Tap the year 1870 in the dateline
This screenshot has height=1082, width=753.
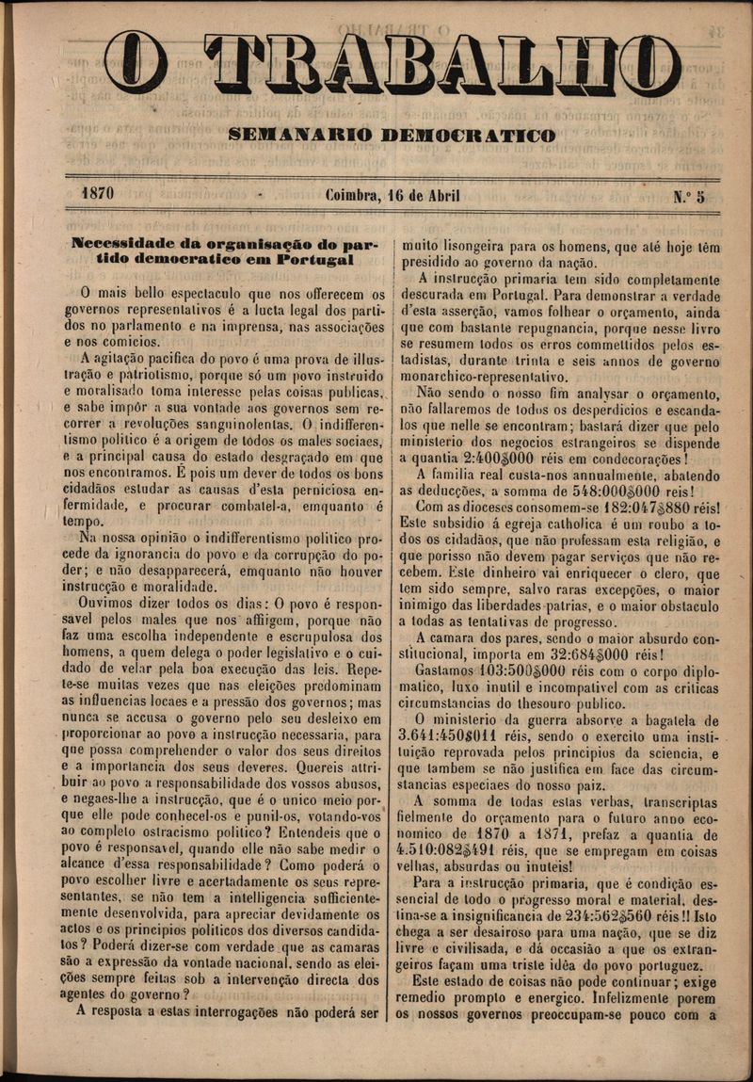pyautogui.click(x=98, y=194)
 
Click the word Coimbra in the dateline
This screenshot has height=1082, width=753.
pyautogui.click(x=353, y=196)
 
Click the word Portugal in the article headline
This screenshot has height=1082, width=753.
pyautogui.click(x=315, y=258)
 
